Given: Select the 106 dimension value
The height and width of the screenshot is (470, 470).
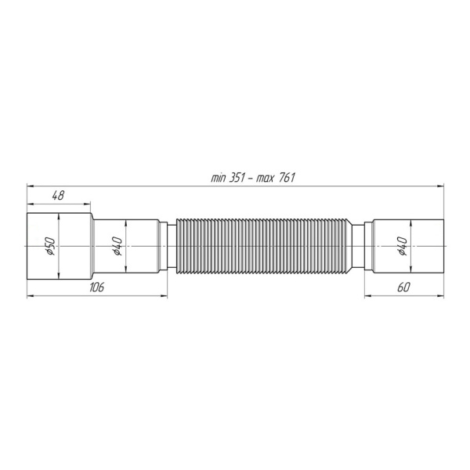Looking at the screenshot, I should point(97,287).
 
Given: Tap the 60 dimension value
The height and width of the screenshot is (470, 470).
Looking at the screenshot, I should point(403,287).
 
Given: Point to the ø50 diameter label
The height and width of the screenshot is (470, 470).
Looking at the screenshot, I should point(48,248).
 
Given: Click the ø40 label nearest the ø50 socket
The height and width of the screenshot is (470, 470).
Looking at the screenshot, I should point(115,248).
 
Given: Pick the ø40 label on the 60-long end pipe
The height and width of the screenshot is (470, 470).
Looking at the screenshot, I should point(401,248).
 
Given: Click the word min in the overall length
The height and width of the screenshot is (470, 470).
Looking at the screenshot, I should point(219,177).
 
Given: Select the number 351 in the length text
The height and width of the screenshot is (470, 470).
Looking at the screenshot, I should point(240,177).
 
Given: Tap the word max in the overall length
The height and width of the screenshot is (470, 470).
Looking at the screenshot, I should point(269,177).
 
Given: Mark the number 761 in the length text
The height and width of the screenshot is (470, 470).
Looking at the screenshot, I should point(287,177).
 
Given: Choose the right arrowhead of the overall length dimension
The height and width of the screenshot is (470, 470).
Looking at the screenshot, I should point(438,186).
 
